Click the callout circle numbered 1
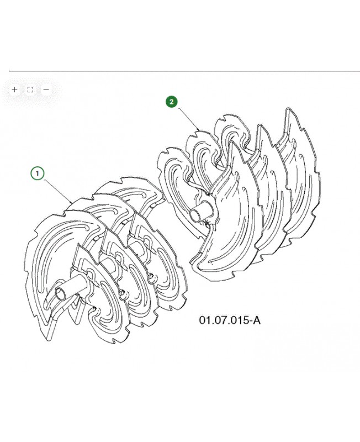(37, 173)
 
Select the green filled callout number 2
(171, 102)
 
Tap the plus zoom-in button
(15, 90)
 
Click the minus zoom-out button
(46, 90)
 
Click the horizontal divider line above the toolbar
(184, 71)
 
